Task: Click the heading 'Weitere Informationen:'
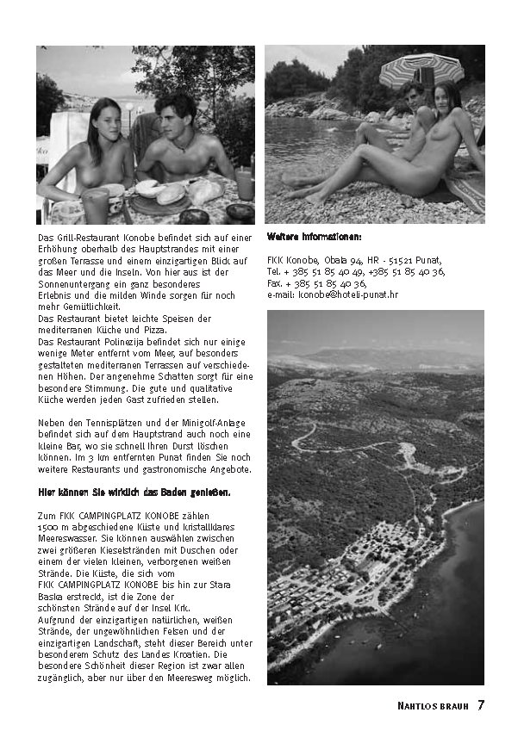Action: coord(314,236)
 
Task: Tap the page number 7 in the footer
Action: coord(481,705)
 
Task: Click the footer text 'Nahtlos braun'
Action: coord(434,706)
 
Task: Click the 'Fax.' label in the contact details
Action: coord(275,282)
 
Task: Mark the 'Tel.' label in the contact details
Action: coord(274,271)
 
